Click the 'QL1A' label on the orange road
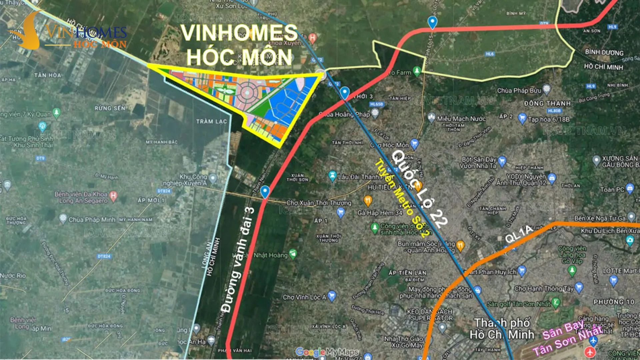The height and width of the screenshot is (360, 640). pyautogui.click(x=518, y=234)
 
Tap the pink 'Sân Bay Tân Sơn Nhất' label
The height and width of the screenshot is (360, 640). pyautogui.click(x=567, y=337)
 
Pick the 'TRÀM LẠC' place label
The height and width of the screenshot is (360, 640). pyautogui.click(x=211, y=121)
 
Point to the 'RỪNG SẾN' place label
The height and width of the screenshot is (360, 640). pyautogui.click(x=110, y=108)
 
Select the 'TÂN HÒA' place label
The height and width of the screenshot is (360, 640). pyautogui.click(x=48, y=75)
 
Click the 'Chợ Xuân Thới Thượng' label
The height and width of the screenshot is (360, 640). pyautogui.click(x=319, y=203)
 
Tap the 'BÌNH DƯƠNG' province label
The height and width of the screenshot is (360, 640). pyautogui.click(x=604, y=52)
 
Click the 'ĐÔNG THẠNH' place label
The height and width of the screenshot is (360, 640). pyautogui.click(x=547, y=103)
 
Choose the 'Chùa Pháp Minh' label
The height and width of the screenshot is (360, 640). pyautogui.click(x=92, y=220)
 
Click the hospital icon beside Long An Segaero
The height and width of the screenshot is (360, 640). pyautogui.click(x=113, y=196)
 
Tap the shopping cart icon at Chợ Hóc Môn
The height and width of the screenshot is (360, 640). pyautogui.click(x=414, y=144)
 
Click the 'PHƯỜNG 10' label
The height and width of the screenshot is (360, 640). pyautogui.click(x=614, y=302)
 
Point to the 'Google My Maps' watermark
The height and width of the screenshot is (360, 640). pyautogui.click(x=327, y=352)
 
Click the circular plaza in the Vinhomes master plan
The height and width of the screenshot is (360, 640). pyautogui.click(x=247, y=92)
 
